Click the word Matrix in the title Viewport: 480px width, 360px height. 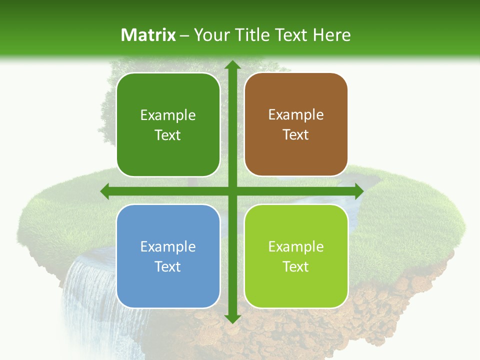pyautogui.click(x=148, y=35)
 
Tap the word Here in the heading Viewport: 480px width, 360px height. pyautogui.click(x=331, y=35)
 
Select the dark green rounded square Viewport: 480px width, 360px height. pyautogui.click(x=168, y=125)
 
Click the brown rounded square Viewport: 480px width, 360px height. pyautogui.click(x=296, y=125)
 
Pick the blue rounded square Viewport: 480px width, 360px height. pyautogui.click(x=168, y=256)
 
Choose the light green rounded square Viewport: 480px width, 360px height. pyautogui.click(x=296, y=256)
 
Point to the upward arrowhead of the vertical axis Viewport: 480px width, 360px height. pyautogui.click(x=232, y=65)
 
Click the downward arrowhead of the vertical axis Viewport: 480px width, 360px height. pyautogui.click(x=232, y=318)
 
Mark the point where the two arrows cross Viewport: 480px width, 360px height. pyautogui.click(x=232, y=191)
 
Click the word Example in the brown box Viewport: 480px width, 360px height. pyautogui.click(x=296, y=115)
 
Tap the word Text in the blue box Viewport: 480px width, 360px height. pyautogui.click(x=168, y=266)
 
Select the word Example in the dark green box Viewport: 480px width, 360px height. pyautogui.click(x=168, y=115)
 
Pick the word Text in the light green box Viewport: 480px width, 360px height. pyautogui.click(x=296, y=266)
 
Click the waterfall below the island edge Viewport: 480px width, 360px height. pyautogui.click(x=85, y=295)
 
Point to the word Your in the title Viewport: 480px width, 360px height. pyautogui.click(x=209, y=35)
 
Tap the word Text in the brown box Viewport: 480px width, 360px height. pyautogui.click(x=296, y=135)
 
